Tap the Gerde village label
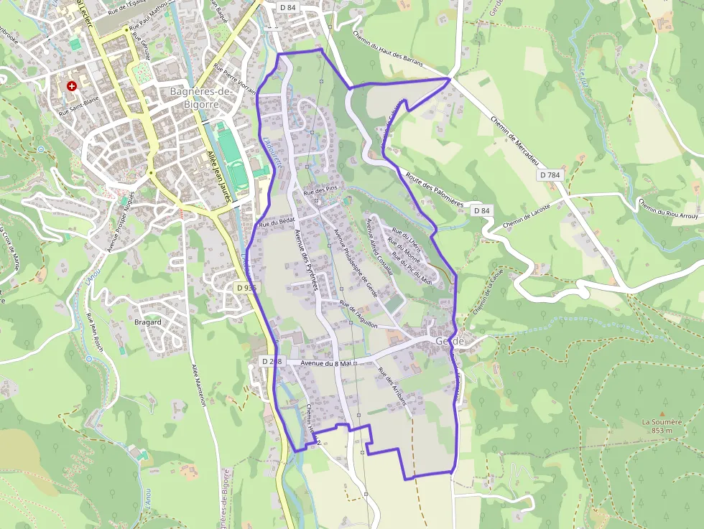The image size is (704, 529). click(x=450, y=342)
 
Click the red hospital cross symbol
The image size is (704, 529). click(x=71, y=86)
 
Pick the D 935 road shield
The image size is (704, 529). click(x=246, y=287)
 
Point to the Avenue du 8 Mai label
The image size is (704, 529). click(x=325, y=363)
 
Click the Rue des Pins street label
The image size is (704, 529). click(x=320, y=192)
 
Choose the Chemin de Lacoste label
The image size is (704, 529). click(x=527, y=217)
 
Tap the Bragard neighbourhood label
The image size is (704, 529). click(x=148, y=322)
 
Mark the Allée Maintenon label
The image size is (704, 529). click(x=199, y=385)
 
